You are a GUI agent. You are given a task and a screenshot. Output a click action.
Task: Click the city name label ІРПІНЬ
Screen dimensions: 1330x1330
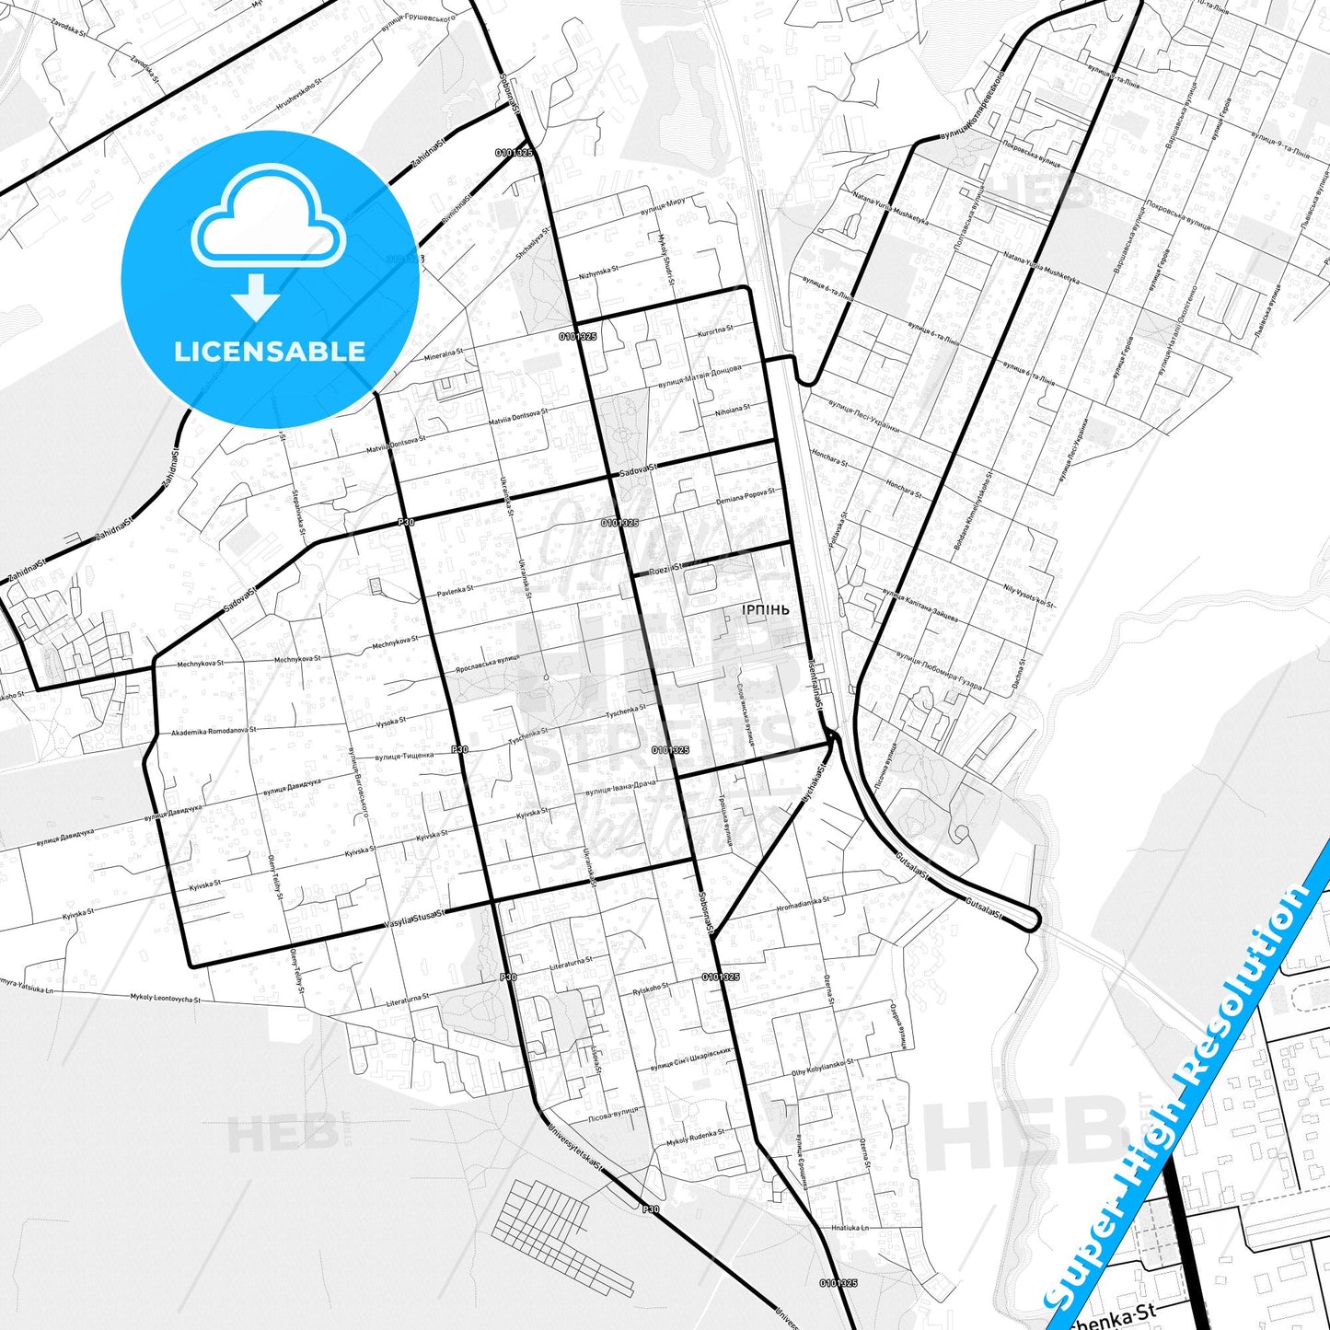click(x=765, y=609)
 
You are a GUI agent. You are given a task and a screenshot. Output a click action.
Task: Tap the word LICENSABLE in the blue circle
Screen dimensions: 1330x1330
click(x=270, y=352)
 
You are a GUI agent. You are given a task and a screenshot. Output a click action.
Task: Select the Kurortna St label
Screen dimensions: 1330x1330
click(x=715, y=331)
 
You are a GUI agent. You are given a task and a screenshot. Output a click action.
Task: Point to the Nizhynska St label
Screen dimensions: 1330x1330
click(x=595, y=273)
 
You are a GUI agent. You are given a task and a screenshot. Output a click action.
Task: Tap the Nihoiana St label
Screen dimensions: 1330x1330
click(x=732, y=410)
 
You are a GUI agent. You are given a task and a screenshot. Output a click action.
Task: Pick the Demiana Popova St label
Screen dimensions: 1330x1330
click(x=746, y=496)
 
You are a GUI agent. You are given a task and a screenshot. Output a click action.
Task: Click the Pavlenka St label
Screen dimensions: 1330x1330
click(x=456, y=589)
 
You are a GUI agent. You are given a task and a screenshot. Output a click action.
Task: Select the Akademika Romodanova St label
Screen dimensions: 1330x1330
click(x=214, y=731)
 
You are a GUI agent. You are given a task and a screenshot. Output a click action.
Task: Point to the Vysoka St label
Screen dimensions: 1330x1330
click(x=391, y=723)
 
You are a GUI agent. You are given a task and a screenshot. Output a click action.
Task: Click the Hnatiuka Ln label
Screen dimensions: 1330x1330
click(x=850, y=1228)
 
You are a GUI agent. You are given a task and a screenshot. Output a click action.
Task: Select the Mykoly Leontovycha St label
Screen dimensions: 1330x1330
click(x=166, y=998)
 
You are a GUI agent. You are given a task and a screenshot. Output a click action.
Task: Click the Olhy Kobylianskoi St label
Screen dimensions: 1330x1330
click(x=822, y=1067)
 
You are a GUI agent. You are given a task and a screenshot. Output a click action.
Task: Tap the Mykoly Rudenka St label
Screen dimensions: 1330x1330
click(x=695, y=1138)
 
